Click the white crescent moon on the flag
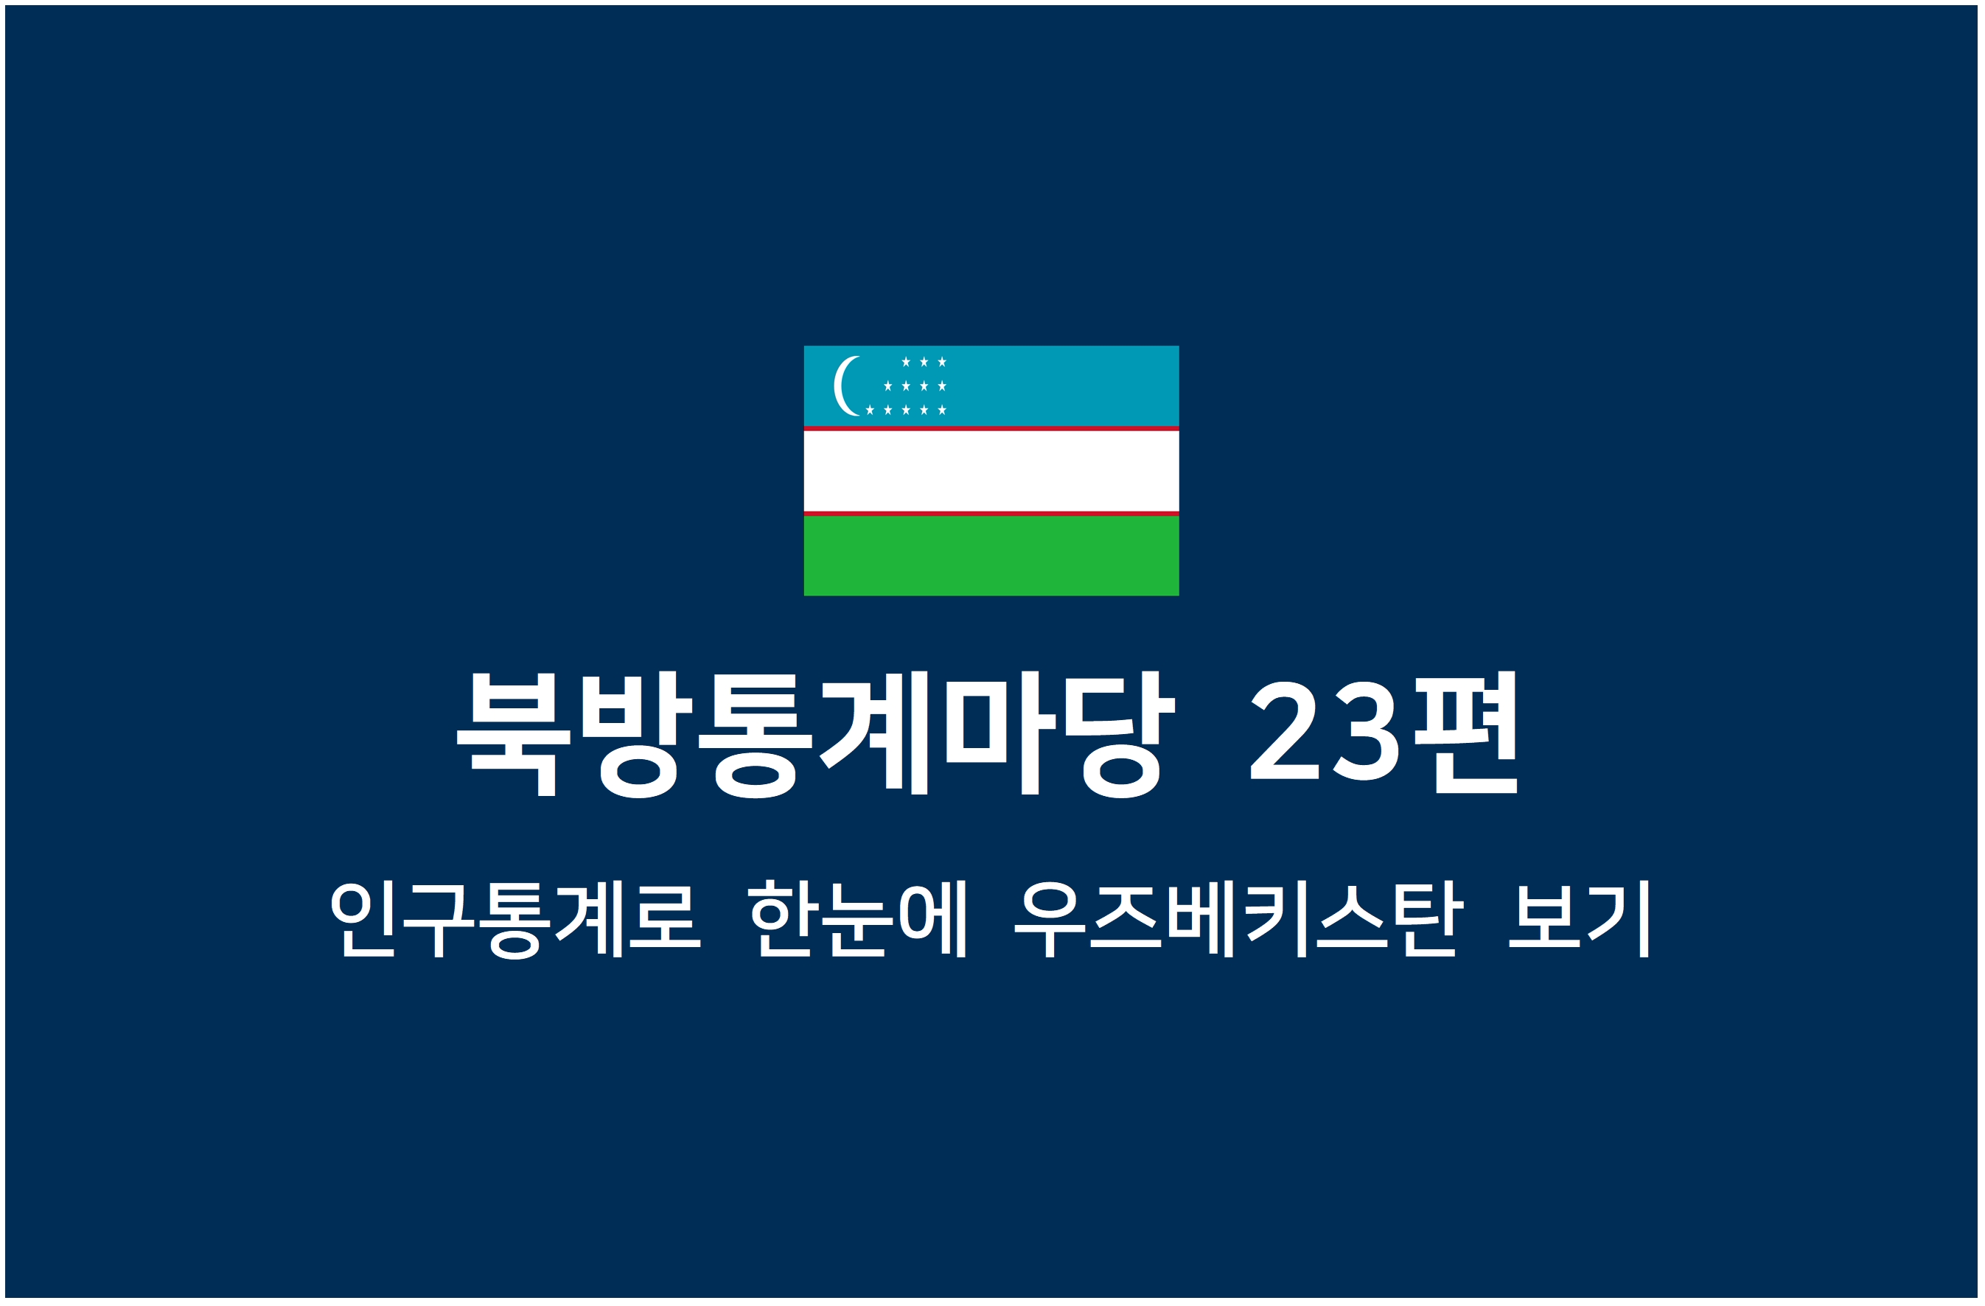pyautogui.click(x=838, y=386)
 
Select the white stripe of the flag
pyautogui.click(x=991, y=470)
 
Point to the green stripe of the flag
pyautogui.click(x=991, y=556)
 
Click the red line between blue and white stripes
pyautogui.click(x=991, y=429)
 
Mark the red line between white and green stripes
pyautogui.click(x=991, y=514)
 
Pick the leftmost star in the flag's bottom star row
pyautogui.click(x=870, y=410)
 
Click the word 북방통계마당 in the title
pyautogui.click(x=816, y=734)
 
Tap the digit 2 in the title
pyautogui.click(x=1285, y=730)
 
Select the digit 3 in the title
pyautogui.click(x=1366, y=730)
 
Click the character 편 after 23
pyautogui.click(x=1465, y=732)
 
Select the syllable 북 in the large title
pyautogui.click(x=514, y=735)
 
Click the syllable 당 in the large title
pyautogui.click(x=1120, y=734)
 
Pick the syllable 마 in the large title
pyautogui.click(x=1001, y=732)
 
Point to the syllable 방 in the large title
pyautogui.click(x=637, y=734)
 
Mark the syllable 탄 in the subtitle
pyautogui.click(x=1429, y=919)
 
